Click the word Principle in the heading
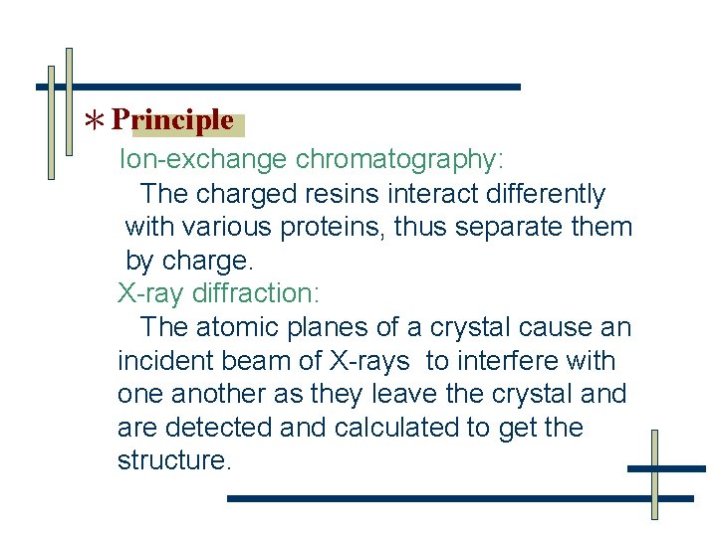[x=172, y=121]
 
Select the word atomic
[x=237, y=327]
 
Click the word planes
[x=322, y=327]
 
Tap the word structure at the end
[x=171, y=461]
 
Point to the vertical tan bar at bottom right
[x=654, y=475]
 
